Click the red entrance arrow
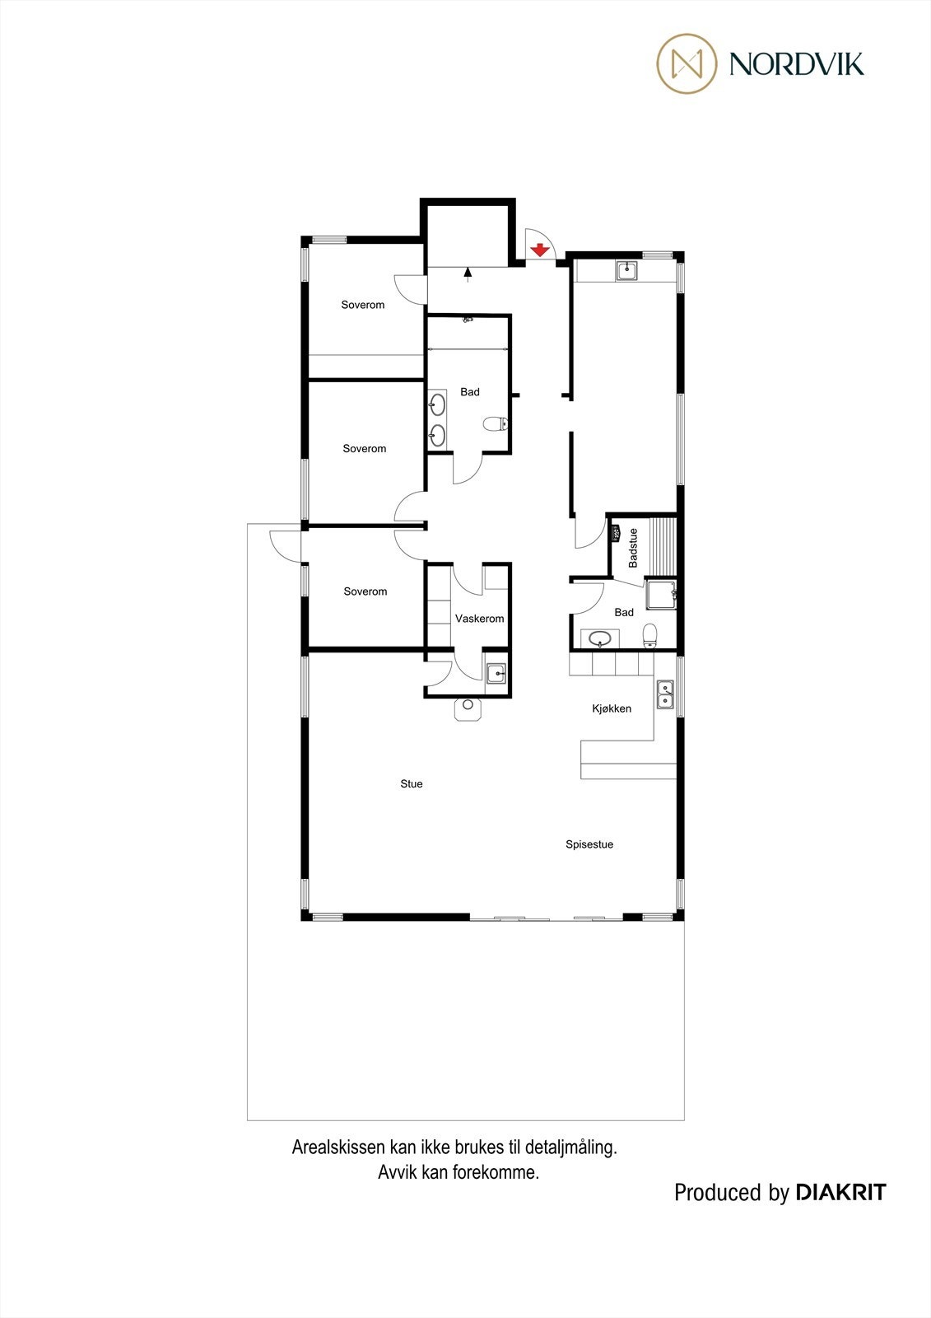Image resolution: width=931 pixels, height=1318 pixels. click(x=540, y=250)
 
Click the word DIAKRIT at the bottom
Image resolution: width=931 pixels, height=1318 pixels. click(x=840, y=1192)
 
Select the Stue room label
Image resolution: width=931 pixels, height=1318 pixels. click(x=412, y=784)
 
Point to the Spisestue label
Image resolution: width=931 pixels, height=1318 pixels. click(x=589, y=844)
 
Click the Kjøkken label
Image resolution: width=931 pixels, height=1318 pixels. click(x=612, y=708)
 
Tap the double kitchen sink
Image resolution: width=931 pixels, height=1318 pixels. click(x=665, y=694)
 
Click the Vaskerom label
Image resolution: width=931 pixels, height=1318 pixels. click(x=479, y=619)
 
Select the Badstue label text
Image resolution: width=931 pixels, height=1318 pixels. click(x=633, y=548)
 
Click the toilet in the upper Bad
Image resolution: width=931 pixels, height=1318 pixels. click(x=495, y=425)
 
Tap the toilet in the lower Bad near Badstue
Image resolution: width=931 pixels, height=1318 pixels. click(x=649, y=634)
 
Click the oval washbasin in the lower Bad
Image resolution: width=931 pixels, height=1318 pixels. click(x=601, y=638)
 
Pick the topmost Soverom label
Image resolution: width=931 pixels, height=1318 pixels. click(x=363, y=305)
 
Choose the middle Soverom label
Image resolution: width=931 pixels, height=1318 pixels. click(x=365, y=449)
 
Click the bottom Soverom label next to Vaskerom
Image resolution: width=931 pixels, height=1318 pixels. click(x=365, y=591)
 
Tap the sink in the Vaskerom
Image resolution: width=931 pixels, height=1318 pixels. click(x=496, y=674)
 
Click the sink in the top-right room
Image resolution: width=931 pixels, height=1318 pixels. click(x=627, y=270)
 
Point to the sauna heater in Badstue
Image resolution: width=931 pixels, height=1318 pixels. click(x=616, y=533)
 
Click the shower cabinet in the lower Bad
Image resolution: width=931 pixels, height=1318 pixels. click(x=660, y=594)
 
